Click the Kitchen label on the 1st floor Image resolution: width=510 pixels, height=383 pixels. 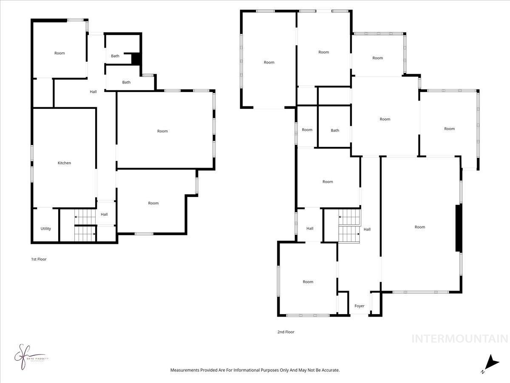pos(64,163)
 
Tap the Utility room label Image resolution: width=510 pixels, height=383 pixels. pos(45,229)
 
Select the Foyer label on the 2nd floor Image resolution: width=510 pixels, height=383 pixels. pos(360,306)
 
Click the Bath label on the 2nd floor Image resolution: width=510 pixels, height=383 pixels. pos(335,130)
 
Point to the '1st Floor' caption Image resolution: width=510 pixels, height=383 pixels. pos(39,259)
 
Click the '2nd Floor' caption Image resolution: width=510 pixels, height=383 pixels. pos(286,332)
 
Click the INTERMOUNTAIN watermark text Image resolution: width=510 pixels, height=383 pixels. pos(460,339)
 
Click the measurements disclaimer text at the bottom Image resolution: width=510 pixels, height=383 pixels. pos(255,370)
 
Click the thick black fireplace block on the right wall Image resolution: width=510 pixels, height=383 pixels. pos(459,228)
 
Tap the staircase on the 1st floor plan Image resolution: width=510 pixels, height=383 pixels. pos(85,225)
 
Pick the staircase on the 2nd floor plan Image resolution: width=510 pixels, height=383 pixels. pos(349,226)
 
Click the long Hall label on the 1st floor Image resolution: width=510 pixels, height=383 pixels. pos(93,91)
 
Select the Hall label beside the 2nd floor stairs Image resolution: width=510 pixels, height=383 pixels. pos(367,229)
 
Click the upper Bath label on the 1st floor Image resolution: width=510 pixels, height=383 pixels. pos(115,56)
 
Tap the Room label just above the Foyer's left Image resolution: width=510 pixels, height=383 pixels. pos(308,282)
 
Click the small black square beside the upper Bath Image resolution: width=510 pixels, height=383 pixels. pos(136,59)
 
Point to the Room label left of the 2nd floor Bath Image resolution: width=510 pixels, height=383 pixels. pos(307,130)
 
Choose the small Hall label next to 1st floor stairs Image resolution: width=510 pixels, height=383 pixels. pos(104,214)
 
